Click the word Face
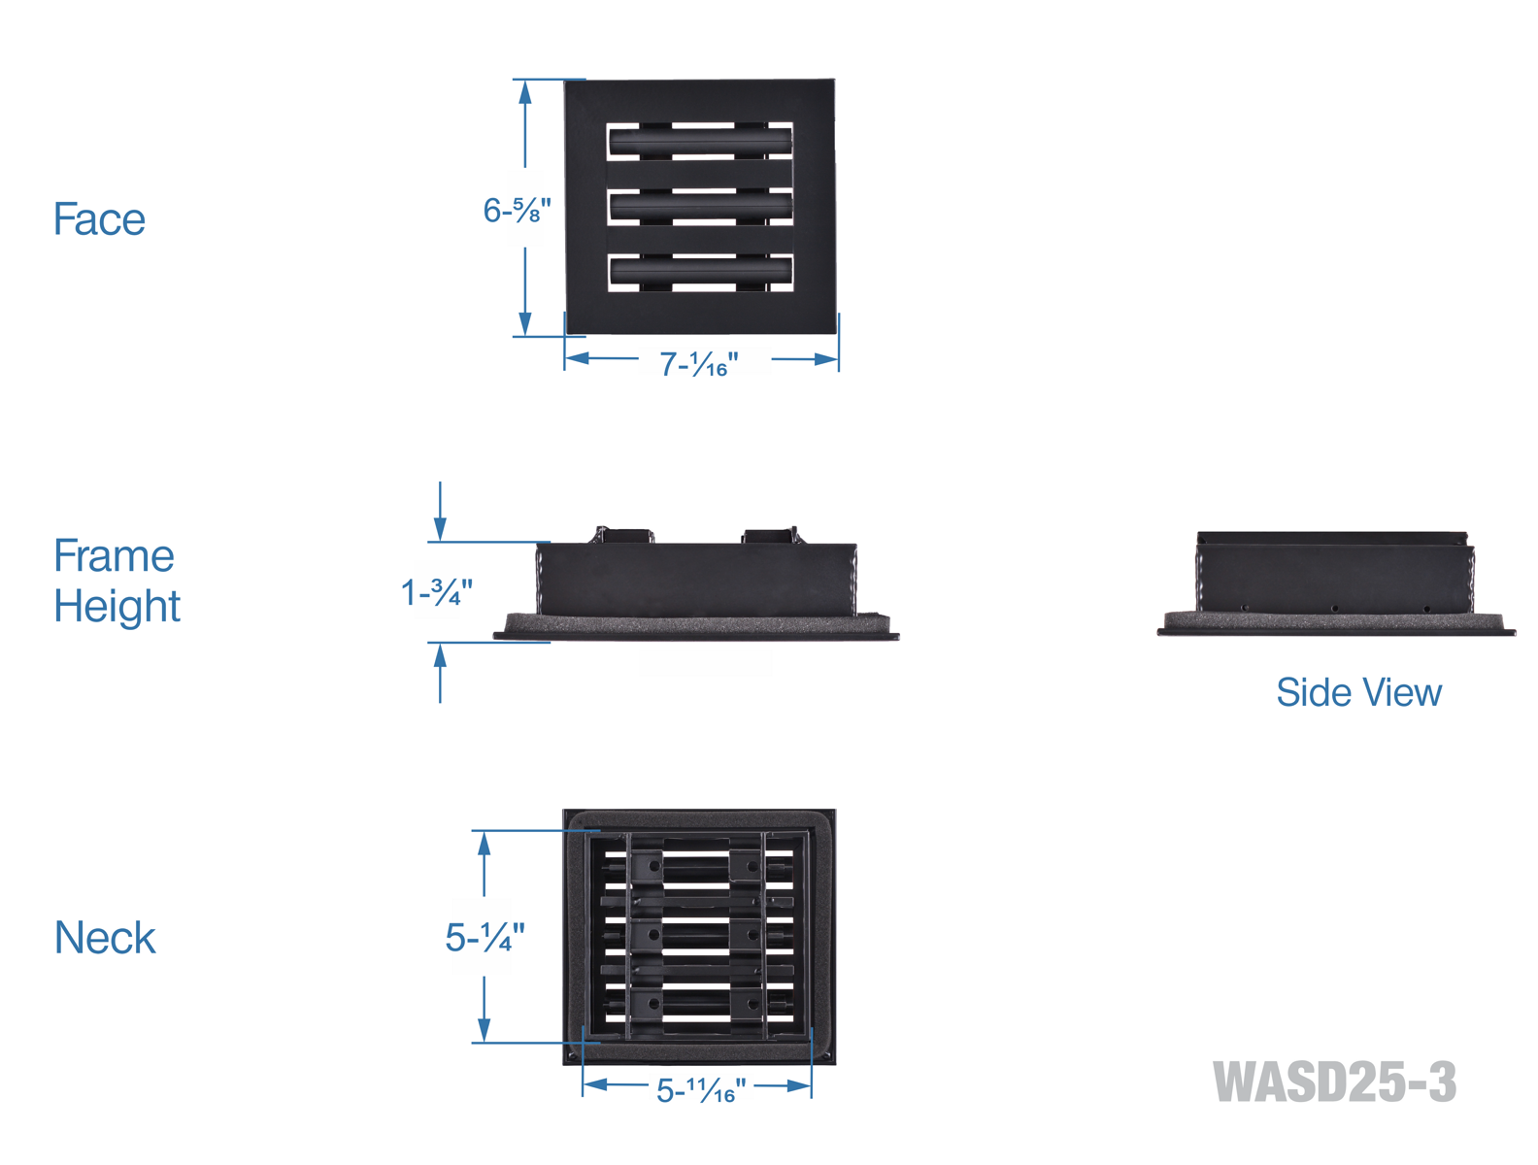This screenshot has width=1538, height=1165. tap(99, 219)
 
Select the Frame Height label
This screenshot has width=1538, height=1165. tap(117, 581)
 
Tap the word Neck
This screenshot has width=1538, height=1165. tap(105, 938)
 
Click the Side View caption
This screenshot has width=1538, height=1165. tap(1358, 693)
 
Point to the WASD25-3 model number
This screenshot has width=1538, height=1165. tap(1335, 1082)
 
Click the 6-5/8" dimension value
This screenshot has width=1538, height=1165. tap(517, 211)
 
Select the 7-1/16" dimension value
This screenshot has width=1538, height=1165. tap(699, 364)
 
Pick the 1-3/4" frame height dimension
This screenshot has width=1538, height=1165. tap(437, 591)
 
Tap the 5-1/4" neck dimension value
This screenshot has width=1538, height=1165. tap(485, 938)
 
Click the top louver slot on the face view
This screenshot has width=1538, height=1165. tap(700, 143)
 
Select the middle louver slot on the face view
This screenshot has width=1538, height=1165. tap(700, 207)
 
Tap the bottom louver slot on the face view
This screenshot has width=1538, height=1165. tap(700, 272)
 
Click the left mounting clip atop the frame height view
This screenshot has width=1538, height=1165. tap(624, 535)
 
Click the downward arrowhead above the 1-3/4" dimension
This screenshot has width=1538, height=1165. tap(440, 529)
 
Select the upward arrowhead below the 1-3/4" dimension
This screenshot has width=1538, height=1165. tap(440, 655)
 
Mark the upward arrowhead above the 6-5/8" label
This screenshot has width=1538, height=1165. tap(525, 92)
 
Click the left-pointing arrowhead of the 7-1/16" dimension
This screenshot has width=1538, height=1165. tap(577, 358)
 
